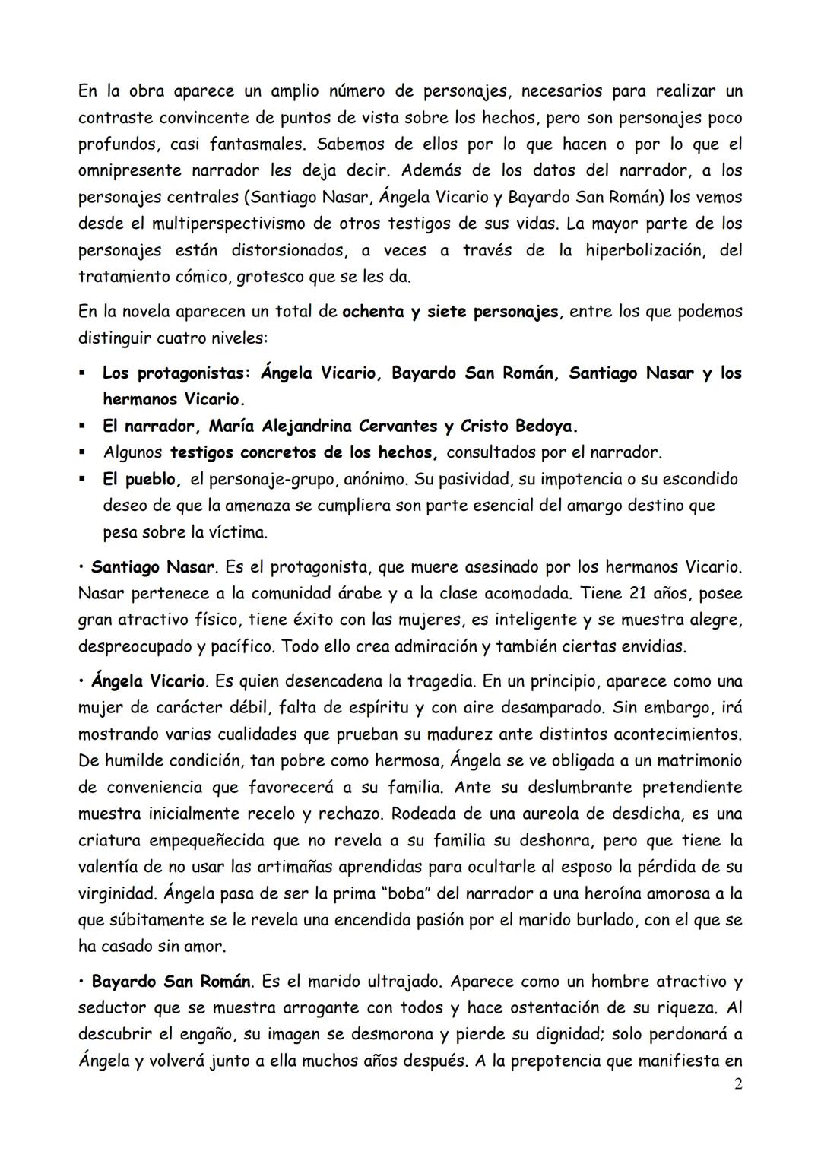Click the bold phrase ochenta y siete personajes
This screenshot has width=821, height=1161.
coord(451,312)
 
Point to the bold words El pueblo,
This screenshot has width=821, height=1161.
coord(142,479)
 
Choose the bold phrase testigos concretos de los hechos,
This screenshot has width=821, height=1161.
coord(303,452)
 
